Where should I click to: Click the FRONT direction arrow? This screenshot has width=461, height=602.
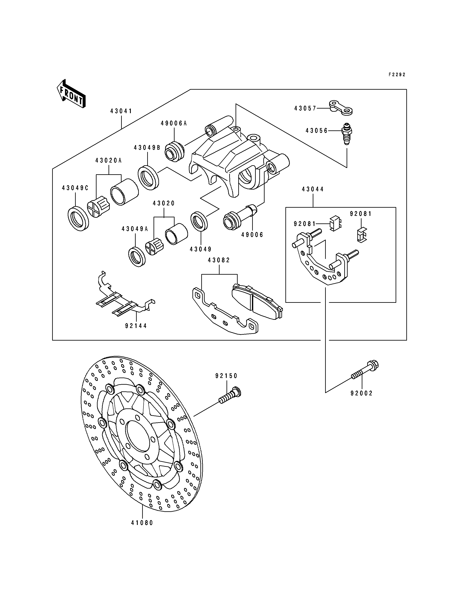point(71,93)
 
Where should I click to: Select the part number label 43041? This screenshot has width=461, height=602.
point(121,111)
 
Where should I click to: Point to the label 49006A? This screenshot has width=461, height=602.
point(174,123)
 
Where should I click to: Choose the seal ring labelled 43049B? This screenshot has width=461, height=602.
point(148,178)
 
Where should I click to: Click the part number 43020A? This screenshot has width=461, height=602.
point(109,160)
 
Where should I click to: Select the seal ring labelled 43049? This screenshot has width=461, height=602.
point(199,221)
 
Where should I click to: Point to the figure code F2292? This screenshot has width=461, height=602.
point(397,75)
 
